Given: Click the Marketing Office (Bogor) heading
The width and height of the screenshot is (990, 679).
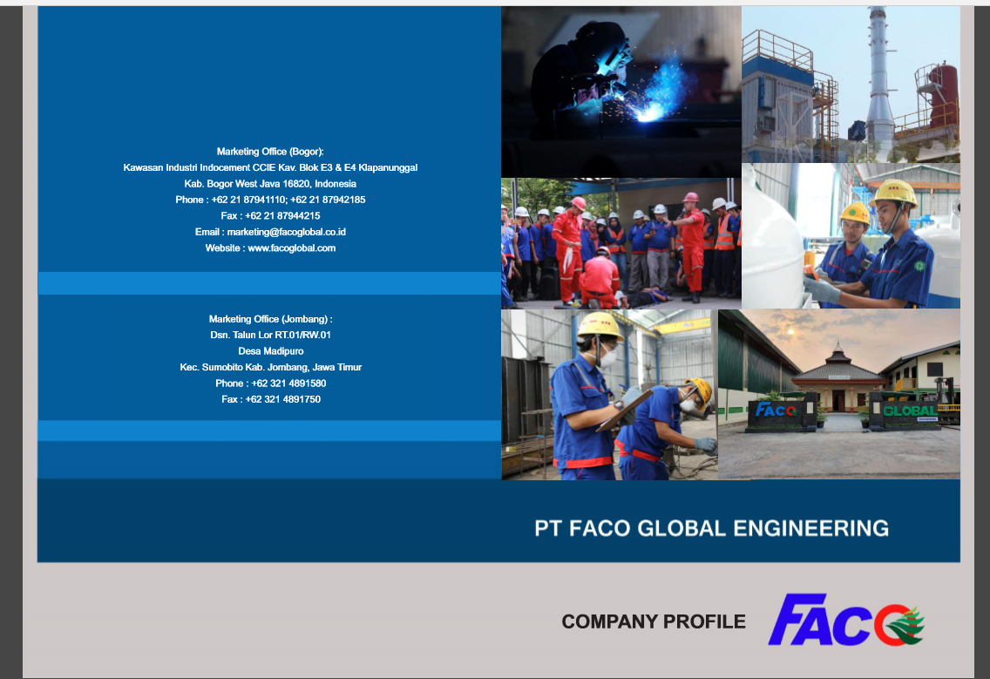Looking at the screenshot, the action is tap(270, 152).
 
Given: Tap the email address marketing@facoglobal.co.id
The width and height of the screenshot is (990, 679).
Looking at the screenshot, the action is tap(287, 232).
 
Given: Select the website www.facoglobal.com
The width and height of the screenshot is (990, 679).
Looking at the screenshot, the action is tap(292, 248).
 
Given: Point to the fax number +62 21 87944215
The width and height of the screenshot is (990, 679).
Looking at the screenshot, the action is tap(282, 216).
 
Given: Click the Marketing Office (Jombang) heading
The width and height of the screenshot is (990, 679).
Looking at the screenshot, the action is tap(270, 319).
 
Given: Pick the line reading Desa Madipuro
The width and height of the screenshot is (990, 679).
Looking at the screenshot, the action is tap(271, 351).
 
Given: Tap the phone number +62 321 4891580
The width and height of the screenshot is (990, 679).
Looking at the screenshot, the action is tap(288, 384).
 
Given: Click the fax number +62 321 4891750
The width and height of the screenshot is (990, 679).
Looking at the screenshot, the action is tap(283, 399).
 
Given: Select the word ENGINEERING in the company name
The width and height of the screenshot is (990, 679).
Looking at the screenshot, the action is tap(810, 528).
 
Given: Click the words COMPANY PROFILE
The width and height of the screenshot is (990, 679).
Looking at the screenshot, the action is tap(654, 621).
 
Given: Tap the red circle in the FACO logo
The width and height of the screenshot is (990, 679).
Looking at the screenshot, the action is tap(891, 625).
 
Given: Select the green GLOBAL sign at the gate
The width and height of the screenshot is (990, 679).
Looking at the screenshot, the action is tap(909, 411).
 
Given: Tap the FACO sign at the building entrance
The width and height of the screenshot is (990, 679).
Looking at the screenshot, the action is tap(776, 411).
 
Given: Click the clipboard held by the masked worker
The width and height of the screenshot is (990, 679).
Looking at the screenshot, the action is tap(625, 410).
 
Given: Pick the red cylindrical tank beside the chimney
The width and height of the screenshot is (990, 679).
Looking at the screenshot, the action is tap(940, 95).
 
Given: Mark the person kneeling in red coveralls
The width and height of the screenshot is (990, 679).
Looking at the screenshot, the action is tap(599, 279).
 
